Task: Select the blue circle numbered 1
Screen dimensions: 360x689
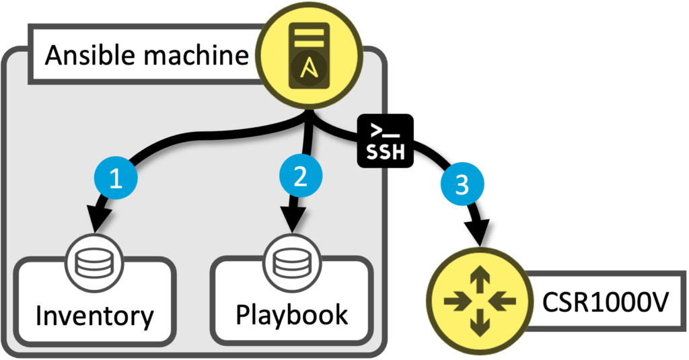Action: (116, 180)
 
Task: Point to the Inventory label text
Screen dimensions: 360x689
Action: (94, 315)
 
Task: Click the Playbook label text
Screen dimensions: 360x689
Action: (291, 314)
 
